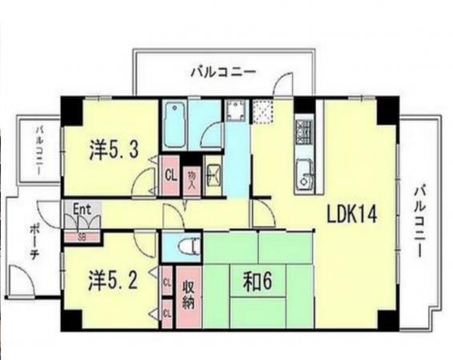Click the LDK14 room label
pyautogui.click(x=351, y=214)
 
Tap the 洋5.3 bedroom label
pyautogui.click(x=117, y=148)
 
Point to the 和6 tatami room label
pyautogui.click(x=259, y=281)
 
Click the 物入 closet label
pyautogui.click(x=190, y=177)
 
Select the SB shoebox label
pyautogui.click(x=81, y=236)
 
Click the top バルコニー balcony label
pyautogui.click(x=223, y=72)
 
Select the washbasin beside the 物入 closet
pyautogui.click(x=212, y=171)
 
